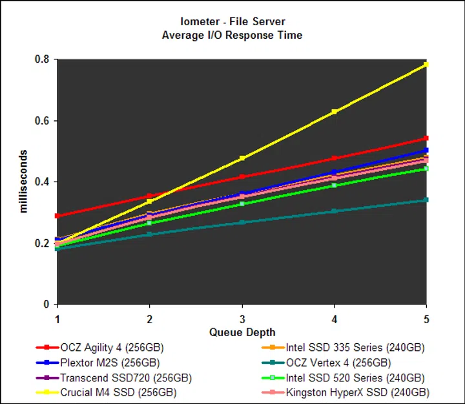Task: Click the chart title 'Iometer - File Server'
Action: tap(232, 21)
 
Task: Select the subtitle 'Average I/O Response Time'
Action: tap(232, 34)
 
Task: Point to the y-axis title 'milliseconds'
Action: tap(24, 182)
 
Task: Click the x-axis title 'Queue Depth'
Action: tap(242, 332)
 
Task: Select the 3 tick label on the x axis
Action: tap(242, 319)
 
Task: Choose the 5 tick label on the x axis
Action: tap(426, 319)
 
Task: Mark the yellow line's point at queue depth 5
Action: tap(426, 65)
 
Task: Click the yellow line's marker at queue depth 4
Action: tap(334, 112)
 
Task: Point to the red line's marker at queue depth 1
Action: tap(57, 216)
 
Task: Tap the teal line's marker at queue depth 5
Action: tap(426, 200)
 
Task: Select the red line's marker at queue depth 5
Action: tap(426, 138)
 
